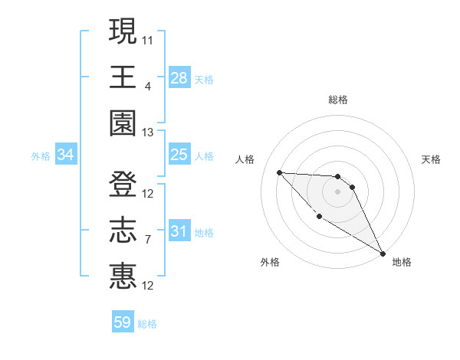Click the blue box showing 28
coord(179,78)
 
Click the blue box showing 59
coord(123,322)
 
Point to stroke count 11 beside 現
coord(148,39)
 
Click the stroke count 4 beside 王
coord(148,86)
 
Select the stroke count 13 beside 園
coord(148,133)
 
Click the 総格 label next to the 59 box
coord(148,324)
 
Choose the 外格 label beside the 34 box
coord(41,156)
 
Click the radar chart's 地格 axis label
coord(402,262)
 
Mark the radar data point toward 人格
coord(279,172)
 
